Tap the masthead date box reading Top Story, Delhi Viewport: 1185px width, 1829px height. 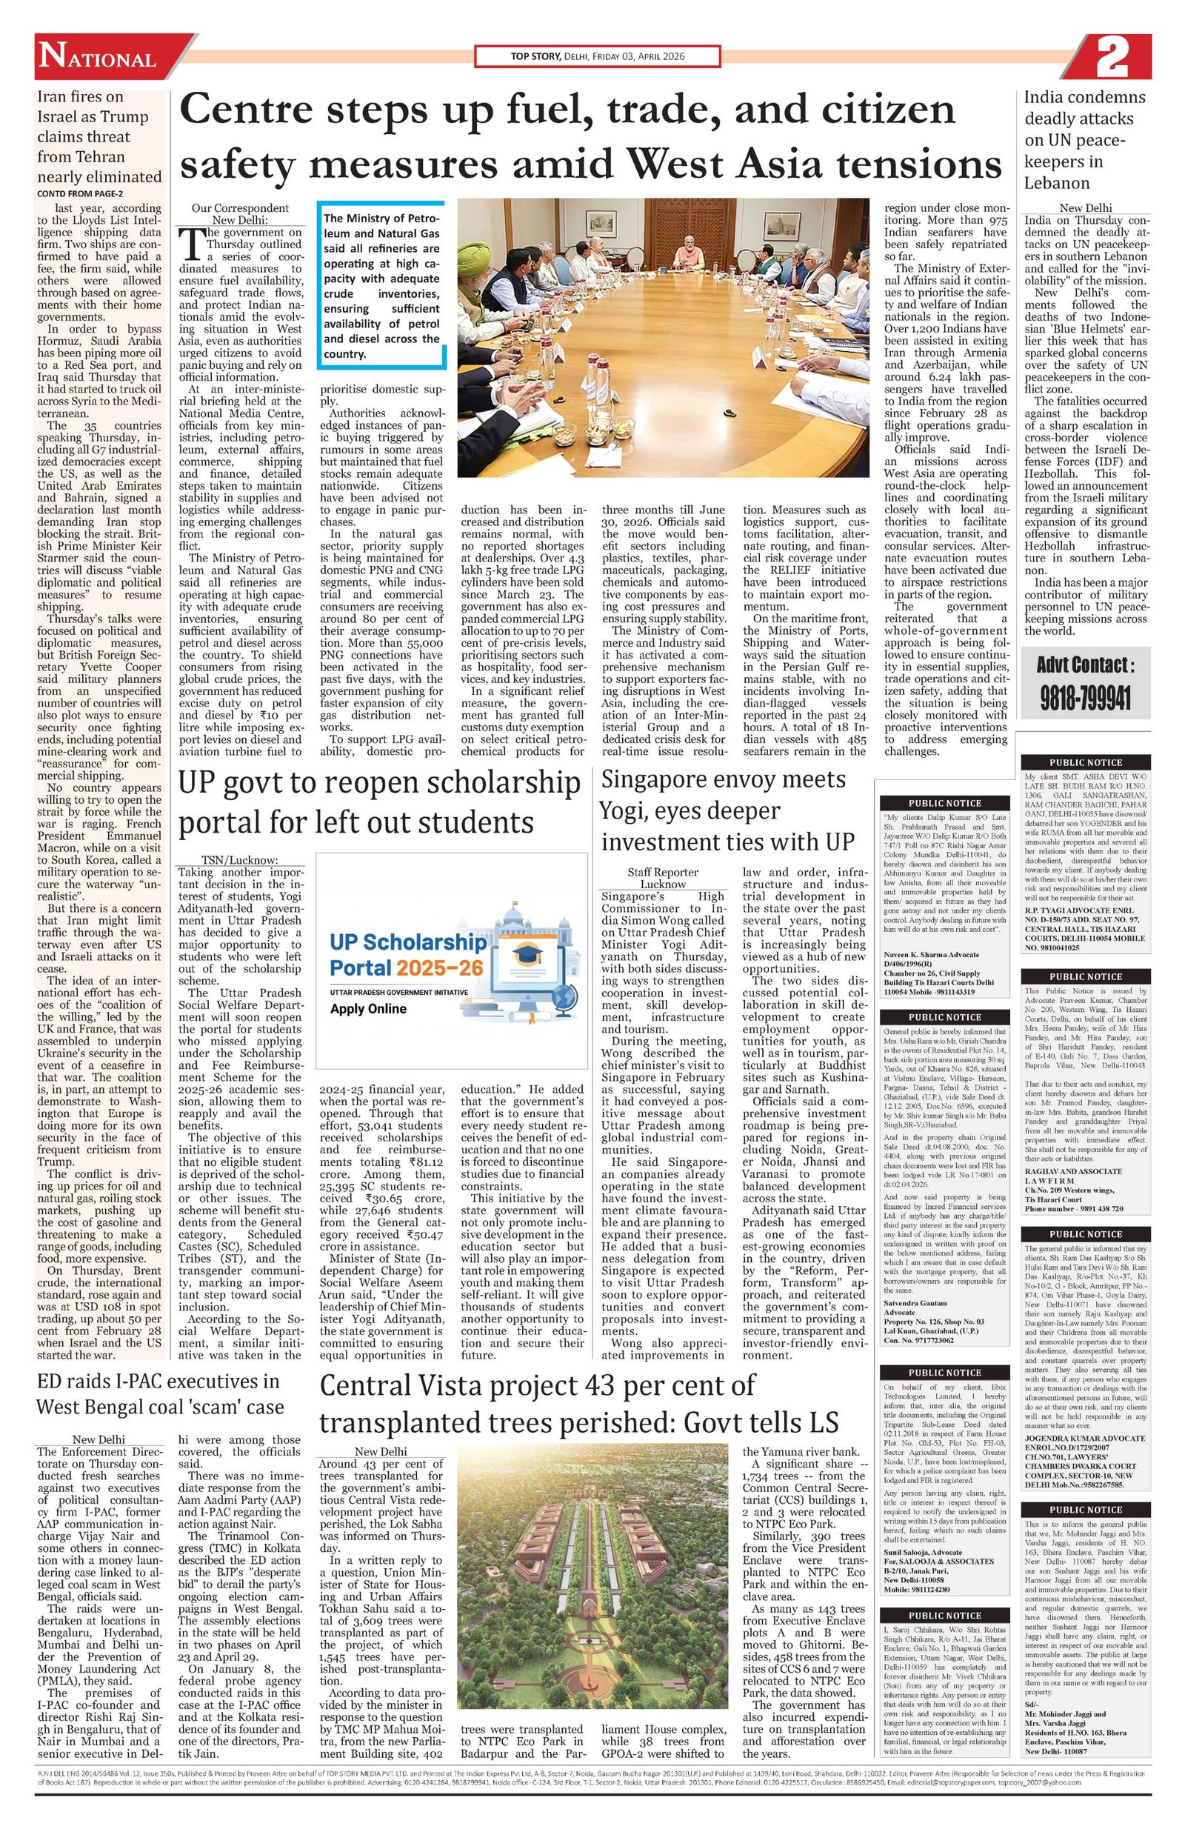pos(597,56)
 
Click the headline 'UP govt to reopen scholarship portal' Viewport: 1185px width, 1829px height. pos(379,802)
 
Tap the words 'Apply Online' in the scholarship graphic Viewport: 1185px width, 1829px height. pos(368,1009)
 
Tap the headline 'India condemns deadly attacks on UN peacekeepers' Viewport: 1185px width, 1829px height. pos(1084,140)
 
